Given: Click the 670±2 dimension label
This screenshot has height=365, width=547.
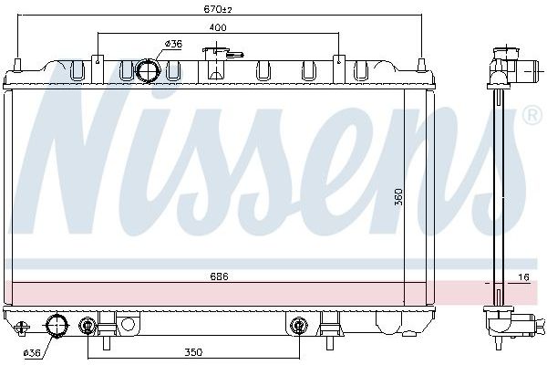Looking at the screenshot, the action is (x=217, y=9).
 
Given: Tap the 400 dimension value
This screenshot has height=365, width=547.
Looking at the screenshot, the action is (x=218, y=27).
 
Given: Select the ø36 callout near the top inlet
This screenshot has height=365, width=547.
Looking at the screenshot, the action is (x=173, y=44).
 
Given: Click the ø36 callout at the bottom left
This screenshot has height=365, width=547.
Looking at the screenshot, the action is (x=32, y=353).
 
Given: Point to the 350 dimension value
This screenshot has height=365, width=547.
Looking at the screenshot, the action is (x=193, y=352).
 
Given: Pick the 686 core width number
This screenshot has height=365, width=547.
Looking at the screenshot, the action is (x=219, y=276).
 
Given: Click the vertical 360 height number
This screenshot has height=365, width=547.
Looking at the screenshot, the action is (x=399, y=197).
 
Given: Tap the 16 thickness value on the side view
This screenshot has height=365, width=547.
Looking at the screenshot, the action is (x=523, y=277).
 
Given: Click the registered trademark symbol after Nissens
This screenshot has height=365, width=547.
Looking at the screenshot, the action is (x=533, y=116).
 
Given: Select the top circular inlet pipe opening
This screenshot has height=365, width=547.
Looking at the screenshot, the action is (x=148, y=70).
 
